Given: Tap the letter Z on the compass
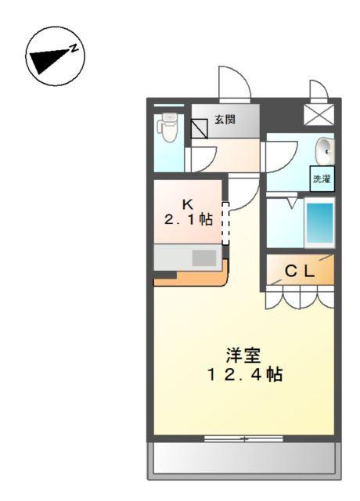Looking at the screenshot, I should point(74,48).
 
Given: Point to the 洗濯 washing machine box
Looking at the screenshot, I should point(322,178).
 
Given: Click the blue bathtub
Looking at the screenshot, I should point(319,223).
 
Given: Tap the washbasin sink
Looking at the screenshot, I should point(325,149).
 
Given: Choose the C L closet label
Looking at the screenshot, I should point(299,272).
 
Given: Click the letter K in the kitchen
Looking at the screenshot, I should point(188,204).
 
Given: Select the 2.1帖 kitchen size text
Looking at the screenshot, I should point(188,219).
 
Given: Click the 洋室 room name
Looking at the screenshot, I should point(244,355).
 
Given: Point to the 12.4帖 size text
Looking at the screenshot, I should point(244,374).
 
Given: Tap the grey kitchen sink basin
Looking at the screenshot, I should point(204,257).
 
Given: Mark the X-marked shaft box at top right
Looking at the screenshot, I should point(318,115).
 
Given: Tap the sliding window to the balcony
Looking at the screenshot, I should point(244,438).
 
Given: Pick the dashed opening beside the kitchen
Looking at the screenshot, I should point(225,225).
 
